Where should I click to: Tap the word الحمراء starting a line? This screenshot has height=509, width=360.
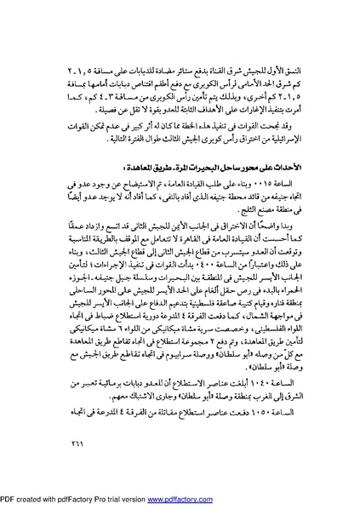coord(302,312)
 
